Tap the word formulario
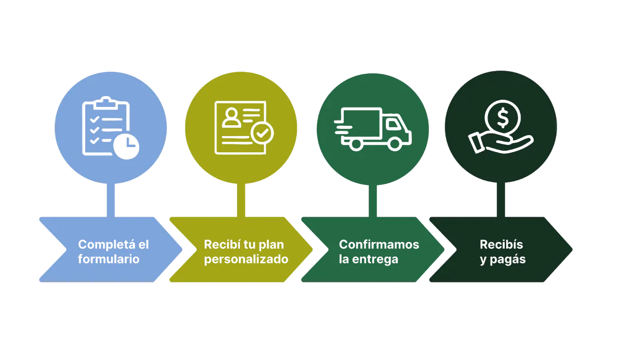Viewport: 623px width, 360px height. pyautogui.click(x=109, y=259)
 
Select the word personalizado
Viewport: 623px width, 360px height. pyautogui.click(x=246, y=259)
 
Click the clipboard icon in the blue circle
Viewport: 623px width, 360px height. pyautogui.click(x=104, y=125)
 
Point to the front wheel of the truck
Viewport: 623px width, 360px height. pyautogui.click(x=394, y=144)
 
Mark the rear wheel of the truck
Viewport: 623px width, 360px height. pyautogui.click(x=356, y=144)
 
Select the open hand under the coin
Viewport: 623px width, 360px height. pyautogui.click(x=498, y=143)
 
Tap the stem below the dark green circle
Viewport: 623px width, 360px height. pyautogui.click(x=500, y=200)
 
